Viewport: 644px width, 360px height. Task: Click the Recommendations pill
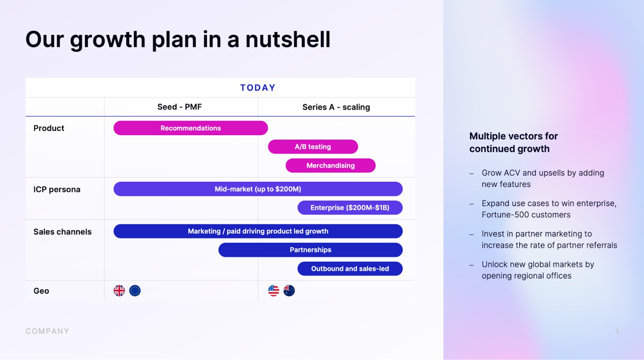191,128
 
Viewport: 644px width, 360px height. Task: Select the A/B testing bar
313,146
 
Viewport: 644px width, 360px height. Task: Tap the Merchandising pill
330,165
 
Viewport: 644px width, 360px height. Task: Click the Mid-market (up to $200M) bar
258,189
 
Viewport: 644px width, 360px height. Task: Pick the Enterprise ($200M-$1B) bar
350,208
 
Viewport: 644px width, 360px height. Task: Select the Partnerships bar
310,250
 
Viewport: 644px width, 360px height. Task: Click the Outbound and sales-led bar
350,269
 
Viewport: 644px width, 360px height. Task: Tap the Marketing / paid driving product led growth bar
258,231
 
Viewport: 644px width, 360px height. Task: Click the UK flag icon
119,290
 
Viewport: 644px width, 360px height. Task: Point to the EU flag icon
135,290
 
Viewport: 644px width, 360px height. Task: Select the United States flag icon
273,290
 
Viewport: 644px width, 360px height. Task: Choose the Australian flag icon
289,290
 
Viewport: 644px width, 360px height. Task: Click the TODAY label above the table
258,88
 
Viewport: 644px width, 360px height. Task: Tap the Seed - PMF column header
180,107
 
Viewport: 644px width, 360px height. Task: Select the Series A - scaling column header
336,107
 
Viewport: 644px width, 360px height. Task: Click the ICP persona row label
57,189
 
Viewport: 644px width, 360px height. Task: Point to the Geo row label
41,291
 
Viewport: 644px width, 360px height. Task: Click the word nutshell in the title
288,39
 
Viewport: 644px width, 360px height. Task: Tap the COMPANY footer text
47,331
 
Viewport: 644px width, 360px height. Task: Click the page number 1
617,332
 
